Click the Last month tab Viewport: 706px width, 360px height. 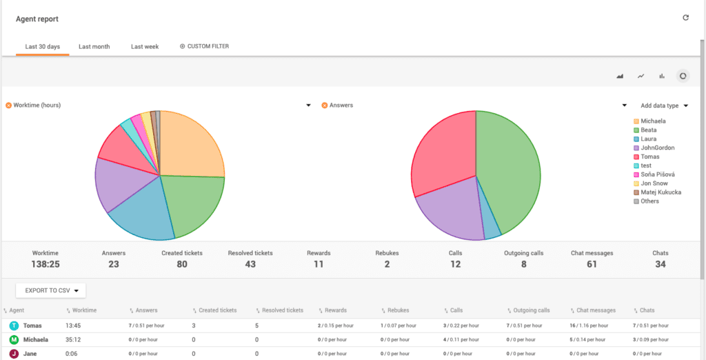(94, 47)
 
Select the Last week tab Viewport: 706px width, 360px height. (145, 47)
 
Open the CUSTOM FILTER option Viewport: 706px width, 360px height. (204, 47)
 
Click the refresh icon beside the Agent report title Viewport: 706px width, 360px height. (685, 18)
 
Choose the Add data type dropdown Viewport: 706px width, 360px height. (664, 106)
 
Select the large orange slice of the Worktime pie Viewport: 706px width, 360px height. (190, 145)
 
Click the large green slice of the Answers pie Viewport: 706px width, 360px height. (507, 172)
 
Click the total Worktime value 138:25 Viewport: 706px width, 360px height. (46, 264)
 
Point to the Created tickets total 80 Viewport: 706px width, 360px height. (181, 264)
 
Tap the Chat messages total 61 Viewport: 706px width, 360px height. (592, 264)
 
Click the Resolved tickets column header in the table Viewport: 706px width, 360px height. (283, 310)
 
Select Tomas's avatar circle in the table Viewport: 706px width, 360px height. (14, 326)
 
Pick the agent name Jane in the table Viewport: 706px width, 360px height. (31, 354)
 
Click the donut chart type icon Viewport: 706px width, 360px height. (683, 76)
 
